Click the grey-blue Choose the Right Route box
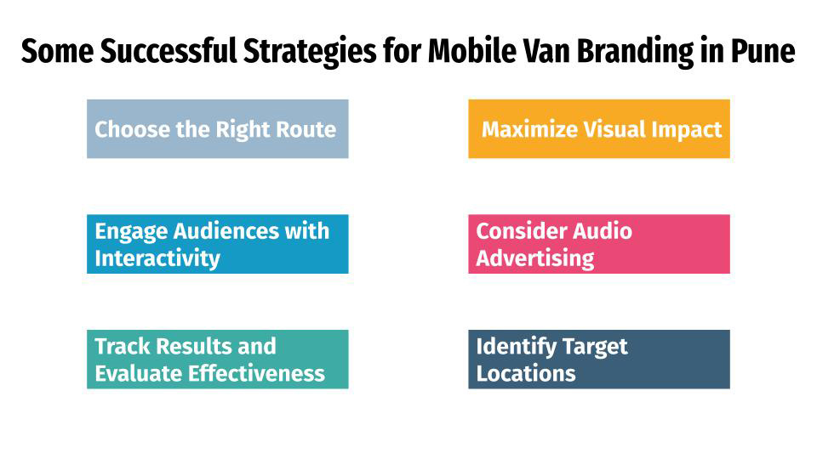click(217, 129)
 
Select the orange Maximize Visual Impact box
click(598, 129)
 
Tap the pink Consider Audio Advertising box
click(598, 244)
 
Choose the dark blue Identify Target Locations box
click(598, 360)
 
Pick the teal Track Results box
click(217, 360)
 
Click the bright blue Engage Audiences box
click(217, 244)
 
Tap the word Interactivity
click(157, 258)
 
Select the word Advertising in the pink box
click(534, 258)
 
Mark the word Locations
click(525, 374)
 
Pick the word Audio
click(603, 231)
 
